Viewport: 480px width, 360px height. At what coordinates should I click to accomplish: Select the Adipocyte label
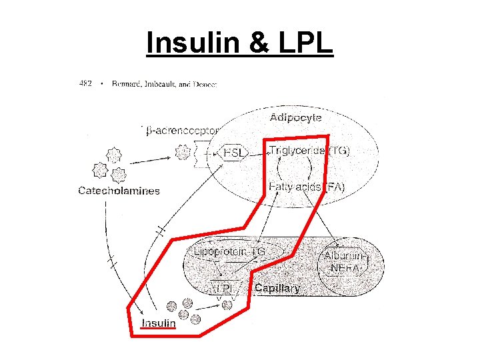[x=295, y=117]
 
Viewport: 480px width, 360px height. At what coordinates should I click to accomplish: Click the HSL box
[x=234, y=153]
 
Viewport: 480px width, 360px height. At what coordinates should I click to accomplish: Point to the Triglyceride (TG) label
[x=309, y=151]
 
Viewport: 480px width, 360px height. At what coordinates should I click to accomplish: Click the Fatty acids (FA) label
[x=306, y=187]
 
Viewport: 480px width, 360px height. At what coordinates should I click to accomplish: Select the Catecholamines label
[x=119, y=191]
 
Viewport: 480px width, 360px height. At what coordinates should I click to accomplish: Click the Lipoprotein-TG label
[x=229, y=251]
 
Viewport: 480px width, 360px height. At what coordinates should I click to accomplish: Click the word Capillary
[x=278, y=289]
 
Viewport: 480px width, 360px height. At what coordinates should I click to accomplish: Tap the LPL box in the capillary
[x=224, y=289]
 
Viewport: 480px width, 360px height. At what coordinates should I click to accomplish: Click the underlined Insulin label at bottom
[x=159, y=323]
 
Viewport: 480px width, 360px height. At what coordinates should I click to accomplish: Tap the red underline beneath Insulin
[x=159, y=329]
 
